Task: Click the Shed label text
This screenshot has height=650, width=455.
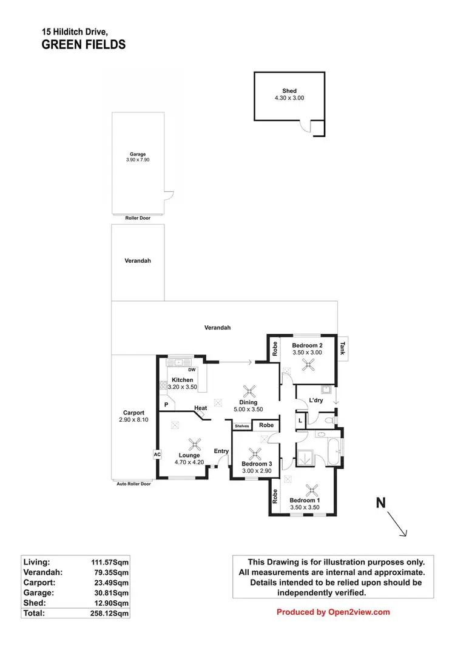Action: pyautogui.click(x=289, y=91)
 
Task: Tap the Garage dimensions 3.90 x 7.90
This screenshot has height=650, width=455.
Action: pyautogui.click(x=138, y=160)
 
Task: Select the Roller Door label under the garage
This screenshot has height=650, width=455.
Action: pyautogui.click(x=138, y=217)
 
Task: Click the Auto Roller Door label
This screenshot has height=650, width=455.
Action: pyautogui.click(x=133, y=484)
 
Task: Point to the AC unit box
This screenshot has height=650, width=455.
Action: pyautogui.click(x=156, y=453)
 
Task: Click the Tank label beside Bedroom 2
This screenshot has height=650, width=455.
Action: pyautogui.click(x=343, y=348)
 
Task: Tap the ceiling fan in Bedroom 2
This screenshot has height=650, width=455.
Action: pyautogui.click(x=309, y=364)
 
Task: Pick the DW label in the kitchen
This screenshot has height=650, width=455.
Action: pyautogui.click(x=192, y=370)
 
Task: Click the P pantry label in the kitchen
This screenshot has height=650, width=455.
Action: pyautogui.click(x=165, y=405)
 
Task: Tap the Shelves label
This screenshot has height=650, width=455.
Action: pyautogui.click(x=242, y=426)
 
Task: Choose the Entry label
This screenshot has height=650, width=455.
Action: pyautogui.click(x=221, y=451)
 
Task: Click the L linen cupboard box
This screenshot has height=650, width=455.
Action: pyautogui.click(x=300, y=421)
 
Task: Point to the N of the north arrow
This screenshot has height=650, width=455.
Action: pyautogui.click(x=381, y=503)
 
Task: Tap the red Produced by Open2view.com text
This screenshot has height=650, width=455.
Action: pyautogui.click(x=333, y=612)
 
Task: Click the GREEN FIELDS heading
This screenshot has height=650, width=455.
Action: pyautogui.click(x=84, y=44)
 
